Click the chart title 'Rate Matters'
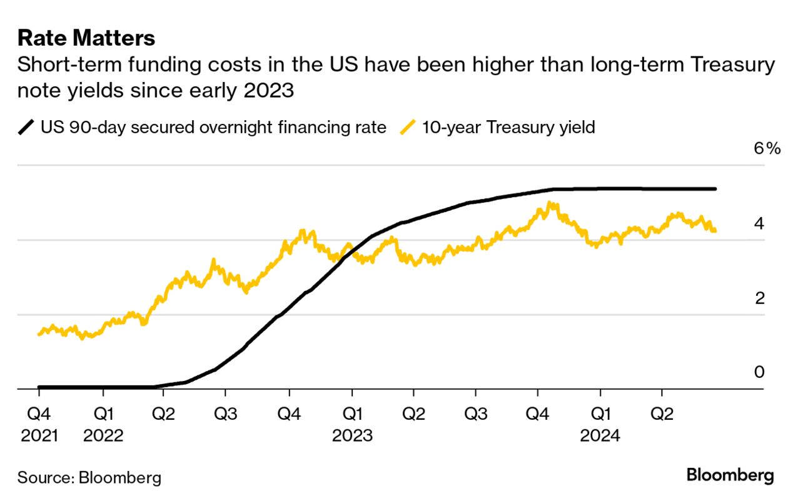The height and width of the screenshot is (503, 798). [86, 39]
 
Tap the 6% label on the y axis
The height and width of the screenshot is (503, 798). [767, 149]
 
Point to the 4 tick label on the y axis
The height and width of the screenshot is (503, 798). [759, 223]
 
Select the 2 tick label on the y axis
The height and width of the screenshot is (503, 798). [759, 298]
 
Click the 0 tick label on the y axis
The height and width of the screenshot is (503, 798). [759, 372]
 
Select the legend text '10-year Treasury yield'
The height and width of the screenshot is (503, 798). [508, 128]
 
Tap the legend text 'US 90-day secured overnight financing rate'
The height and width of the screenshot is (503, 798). [213, 128]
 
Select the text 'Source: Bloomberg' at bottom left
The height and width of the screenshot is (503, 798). [89, 478]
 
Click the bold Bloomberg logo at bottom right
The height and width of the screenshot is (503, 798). [730, 475]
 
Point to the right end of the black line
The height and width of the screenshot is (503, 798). [715, 189]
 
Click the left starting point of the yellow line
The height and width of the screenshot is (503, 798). [39, 334]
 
